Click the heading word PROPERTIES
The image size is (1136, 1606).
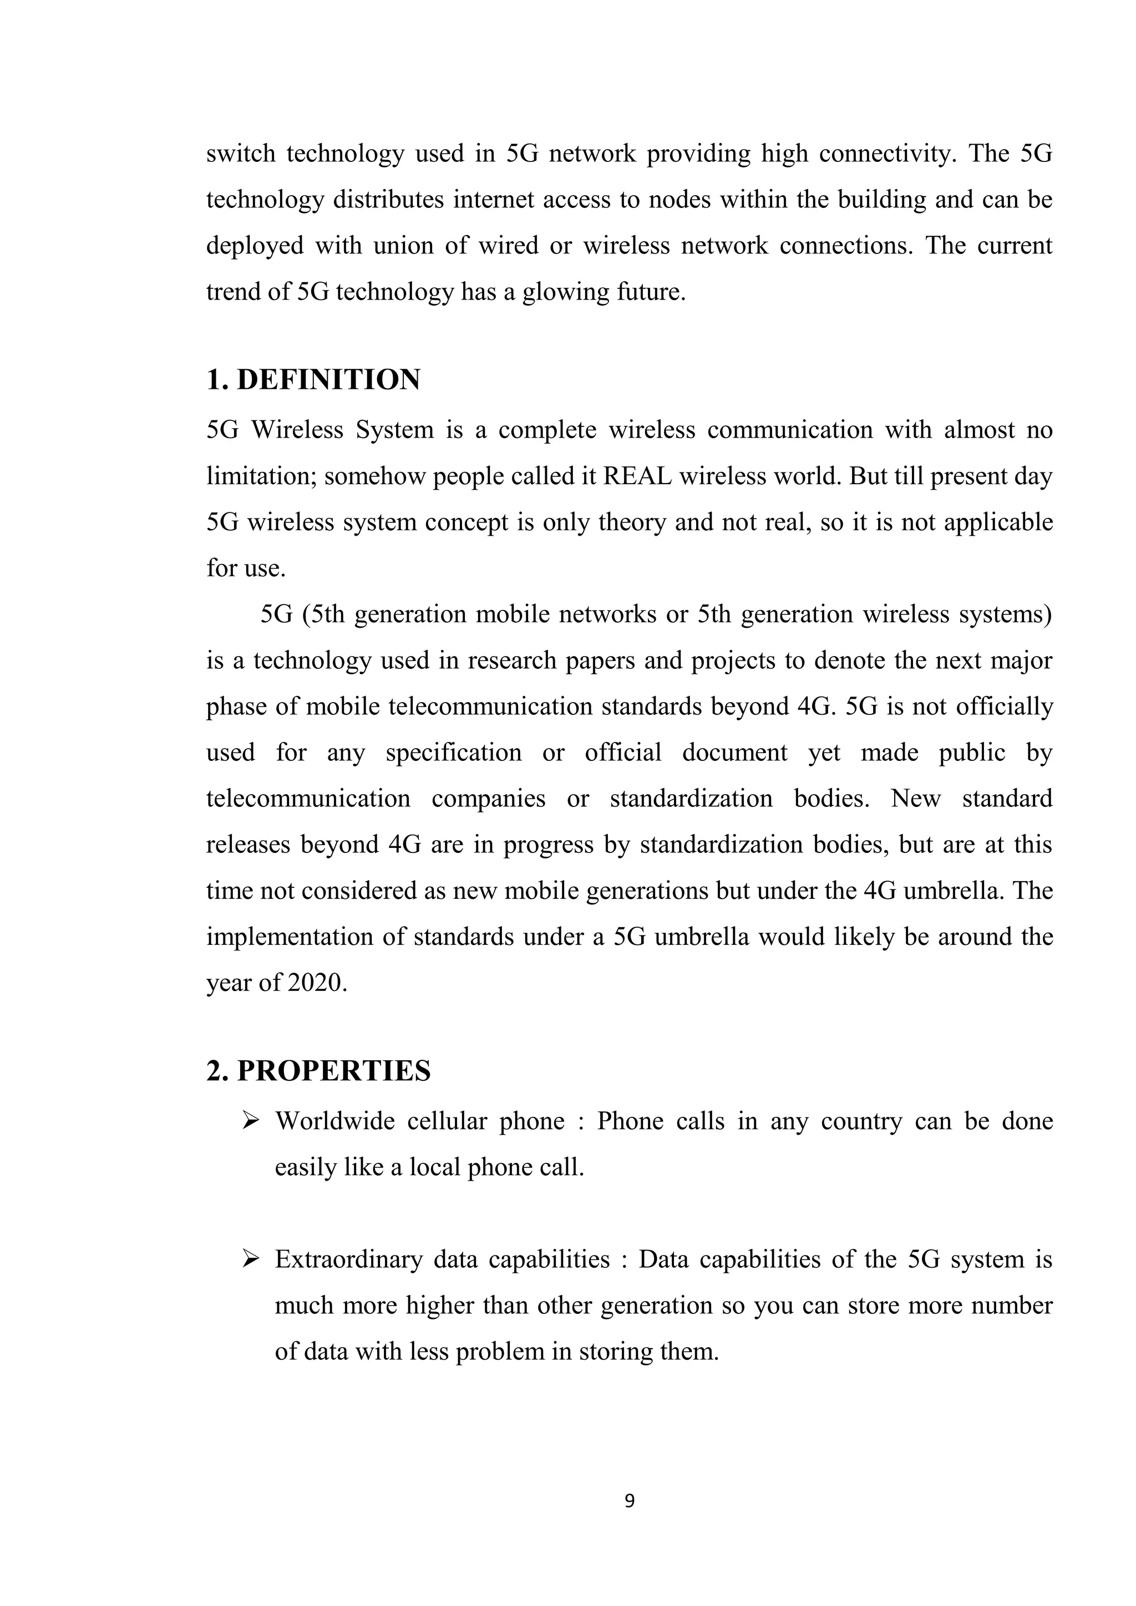pyautogui.click(x=334, y=1071)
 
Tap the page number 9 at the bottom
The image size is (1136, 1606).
pyautogui.click(x=630, y=1501)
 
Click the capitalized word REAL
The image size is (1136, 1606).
pyautogui.click(x=637, y=476)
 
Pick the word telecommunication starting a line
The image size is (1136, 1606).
pyautogui.click(x=308, y=798)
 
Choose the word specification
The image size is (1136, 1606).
pyautogui.click(x=453, y=753)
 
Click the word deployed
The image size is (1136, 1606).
pyautogui.click(x=254, y=246)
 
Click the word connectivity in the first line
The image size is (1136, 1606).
pyautogui.click(x=886, y=154)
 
